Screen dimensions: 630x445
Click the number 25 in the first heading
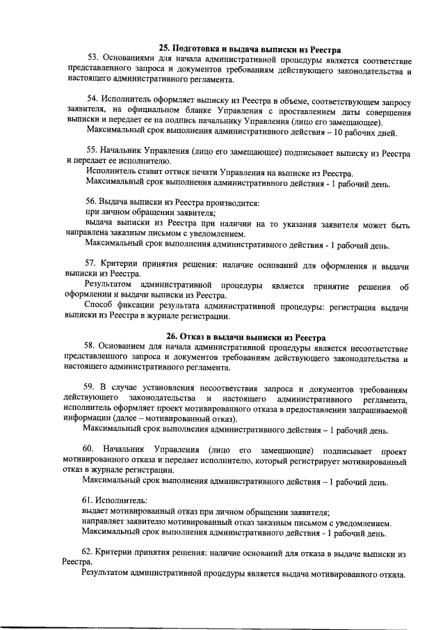click(164, 48)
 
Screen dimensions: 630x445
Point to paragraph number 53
click(92, 59)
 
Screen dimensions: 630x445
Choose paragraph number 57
click(92, 265)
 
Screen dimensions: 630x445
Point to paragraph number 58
click(92, 347)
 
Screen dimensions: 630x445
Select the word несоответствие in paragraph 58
click(373, 347)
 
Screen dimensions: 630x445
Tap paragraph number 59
click(92, 386)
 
